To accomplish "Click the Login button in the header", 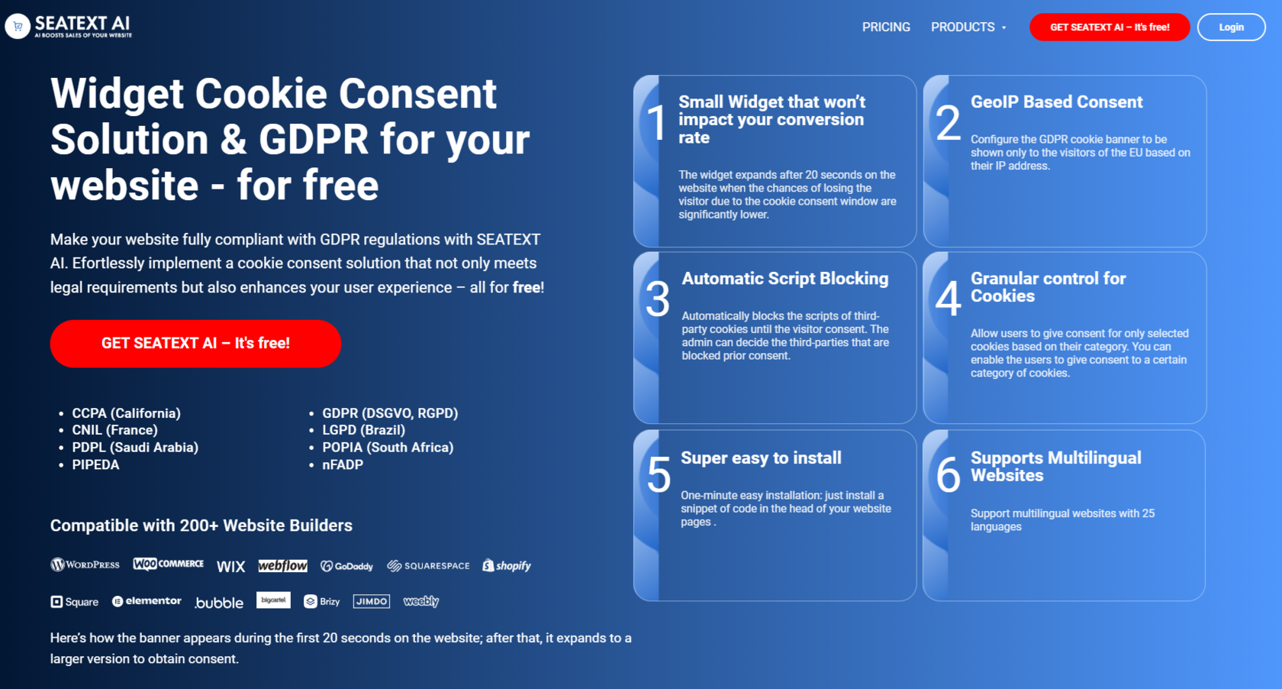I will pyautogui.click(x=1231, y=27).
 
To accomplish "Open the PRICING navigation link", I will pyautogui.click(x=886, y=27).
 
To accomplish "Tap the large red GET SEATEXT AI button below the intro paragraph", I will pyautogui.click(x=195, y=344).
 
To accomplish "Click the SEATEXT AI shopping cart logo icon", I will pyautogui.click(x=18, y=26).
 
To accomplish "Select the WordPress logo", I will pyautogui.click(x=85, y=565).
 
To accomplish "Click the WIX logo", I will pyautogui.click(x=230, y=566).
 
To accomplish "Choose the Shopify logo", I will pyautogui.click(x=507, y=565).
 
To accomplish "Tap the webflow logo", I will pyautogui.click(x=282, y=565).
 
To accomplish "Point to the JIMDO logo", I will pyautogui.click(x=372, y=601).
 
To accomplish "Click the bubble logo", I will pyautogui.click(x=219, y=603).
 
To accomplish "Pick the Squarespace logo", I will pyautogui.click(x=428, y=566).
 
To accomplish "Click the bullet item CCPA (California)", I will pyautogui.click(x=126, y=413).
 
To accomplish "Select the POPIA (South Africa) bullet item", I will pyautogui.click(x=388, y=448).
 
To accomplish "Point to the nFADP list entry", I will pyautogui.click(x=343, y=464).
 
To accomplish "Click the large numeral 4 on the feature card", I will pyautogui.click(x=948, y=298).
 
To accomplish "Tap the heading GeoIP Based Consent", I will pyautogui.click(x=1056, y=102).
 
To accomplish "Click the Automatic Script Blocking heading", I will pyautogui.click(x=784, y=279).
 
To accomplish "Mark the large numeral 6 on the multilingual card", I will pyautogui.click(x=948, y=475).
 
